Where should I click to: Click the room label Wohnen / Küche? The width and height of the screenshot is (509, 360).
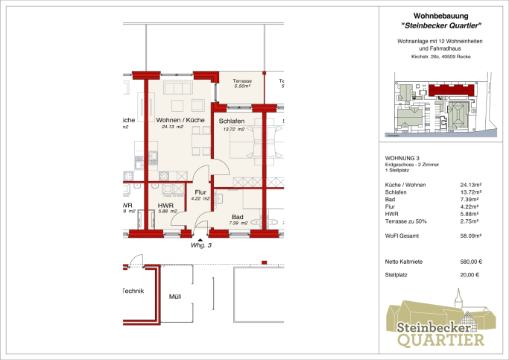click(x=180, y=119)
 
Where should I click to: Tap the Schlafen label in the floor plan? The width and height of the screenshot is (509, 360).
click(x=231, y=121)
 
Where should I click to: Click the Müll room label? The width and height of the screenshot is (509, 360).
click(x=175, y=297)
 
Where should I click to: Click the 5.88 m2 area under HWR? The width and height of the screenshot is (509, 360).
click(x=165, y=212)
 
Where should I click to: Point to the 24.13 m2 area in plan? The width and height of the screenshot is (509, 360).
click(x=172, y=127)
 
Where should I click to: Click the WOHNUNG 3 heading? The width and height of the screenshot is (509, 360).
click(x=402, y=158)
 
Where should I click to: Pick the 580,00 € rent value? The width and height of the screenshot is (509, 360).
click(x=471, y=262)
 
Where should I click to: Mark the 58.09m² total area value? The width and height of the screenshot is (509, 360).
click(x=471, y=236)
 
